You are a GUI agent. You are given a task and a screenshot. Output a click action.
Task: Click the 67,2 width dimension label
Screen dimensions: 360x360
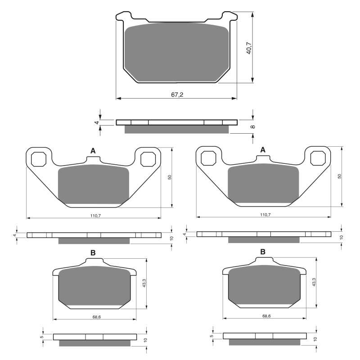pos(177,94)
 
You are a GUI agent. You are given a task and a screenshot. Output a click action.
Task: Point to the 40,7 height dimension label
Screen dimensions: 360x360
pos(249,48)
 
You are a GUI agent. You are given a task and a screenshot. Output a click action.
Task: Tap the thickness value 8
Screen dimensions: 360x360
pos(253,127)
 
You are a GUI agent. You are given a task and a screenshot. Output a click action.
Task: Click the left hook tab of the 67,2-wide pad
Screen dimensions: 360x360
pos(124,16)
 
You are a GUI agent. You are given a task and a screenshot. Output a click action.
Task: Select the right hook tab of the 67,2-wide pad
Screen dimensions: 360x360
pos(229,16)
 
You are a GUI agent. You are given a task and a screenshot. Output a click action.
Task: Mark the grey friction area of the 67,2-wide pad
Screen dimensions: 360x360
pos(176,52)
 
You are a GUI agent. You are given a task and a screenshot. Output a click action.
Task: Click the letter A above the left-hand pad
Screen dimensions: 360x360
pos(93,151)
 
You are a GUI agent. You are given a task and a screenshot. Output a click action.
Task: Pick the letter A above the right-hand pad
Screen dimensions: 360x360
pos(263,150)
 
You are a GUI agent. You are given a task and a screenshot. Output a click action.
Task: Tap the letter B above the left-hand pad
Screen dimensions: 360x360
pos(93,253)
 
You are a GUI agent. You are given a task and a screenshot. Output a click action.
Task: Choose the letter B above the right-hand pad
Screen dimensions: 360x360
pos(263,252)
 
